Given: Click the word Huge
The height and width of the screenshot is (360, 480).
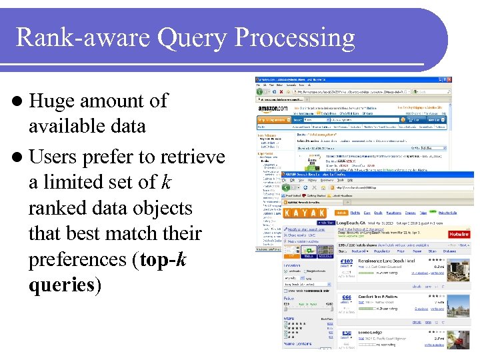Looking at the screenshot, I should (51, 101).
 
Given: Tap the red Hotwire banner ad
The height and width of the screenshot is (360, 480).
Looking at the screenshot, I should (459, 233).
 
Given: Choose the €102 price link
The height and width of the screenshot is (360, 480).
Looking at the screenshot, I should (346, 262).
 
